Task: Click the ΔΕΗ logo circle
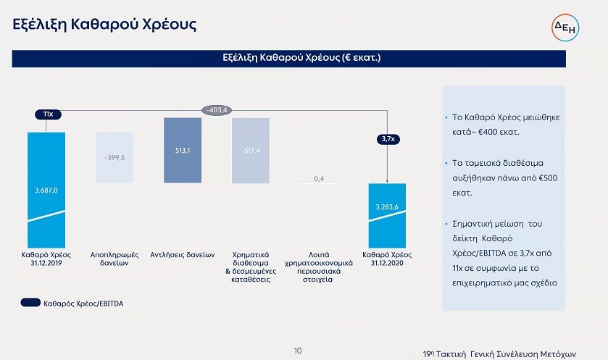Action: tap(565, 27)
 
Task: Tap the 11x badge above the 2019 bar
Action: tap(48, 114)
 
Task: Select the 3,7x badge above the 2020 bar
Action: tap(388, 139)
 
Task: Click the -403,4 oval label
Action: tap(217, 110)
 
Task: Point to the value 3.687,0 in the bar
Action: tap(46, 191)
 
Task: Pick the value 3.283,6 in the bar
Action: tap(387, 207)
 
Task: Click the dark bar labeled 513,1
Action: tap(183, 151)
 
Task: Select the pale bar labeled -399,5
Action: tap(114, 158)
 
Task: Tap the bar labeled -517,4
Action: tap(251, 151)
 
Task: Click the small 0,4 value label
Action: tap(319, 179)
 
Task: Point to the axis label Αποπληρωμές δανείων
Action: tap(114, 259)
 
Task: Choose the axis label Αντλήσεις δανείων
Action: tap(182, 255)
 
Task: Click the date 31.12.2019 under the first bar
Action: tap(46, 263)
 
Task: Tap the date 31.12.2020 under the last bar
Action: tap(387, 263)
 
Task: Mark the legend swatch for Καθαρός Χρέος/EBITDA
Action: tap(30, 303)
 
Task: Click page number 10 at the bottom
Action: tap(298, 351)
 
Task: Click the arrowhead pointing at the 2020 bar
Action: tap(387, 180)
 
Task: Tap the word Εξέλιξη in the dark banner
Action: tap(240, 58)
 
